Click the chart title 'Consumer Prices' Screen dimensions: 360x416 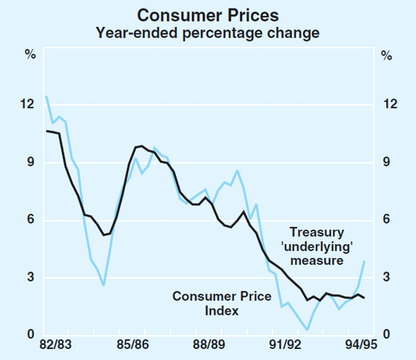[x=207, y=15]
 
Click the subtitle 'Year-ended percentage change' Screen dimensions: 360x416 [x=207, y=32]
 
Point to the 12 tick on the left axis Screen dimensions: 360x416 [x=28, y=104]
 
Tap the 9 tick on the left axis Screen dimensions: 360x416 [x=31, y=162]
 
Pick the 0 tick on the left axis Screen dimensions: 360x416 [x=31, y=336]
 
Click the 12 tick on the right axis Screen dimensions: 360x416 [x=389, y=104]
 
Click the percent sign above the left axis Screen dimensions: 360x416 [x=30, y=55]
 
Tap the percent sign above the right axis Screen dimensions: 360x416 [x=386, y=55]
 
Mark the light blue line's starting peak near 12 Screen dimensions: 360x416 [x=46, y=96]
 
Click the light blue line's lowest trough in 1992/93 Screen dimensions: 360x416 [x=307, y=330]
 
